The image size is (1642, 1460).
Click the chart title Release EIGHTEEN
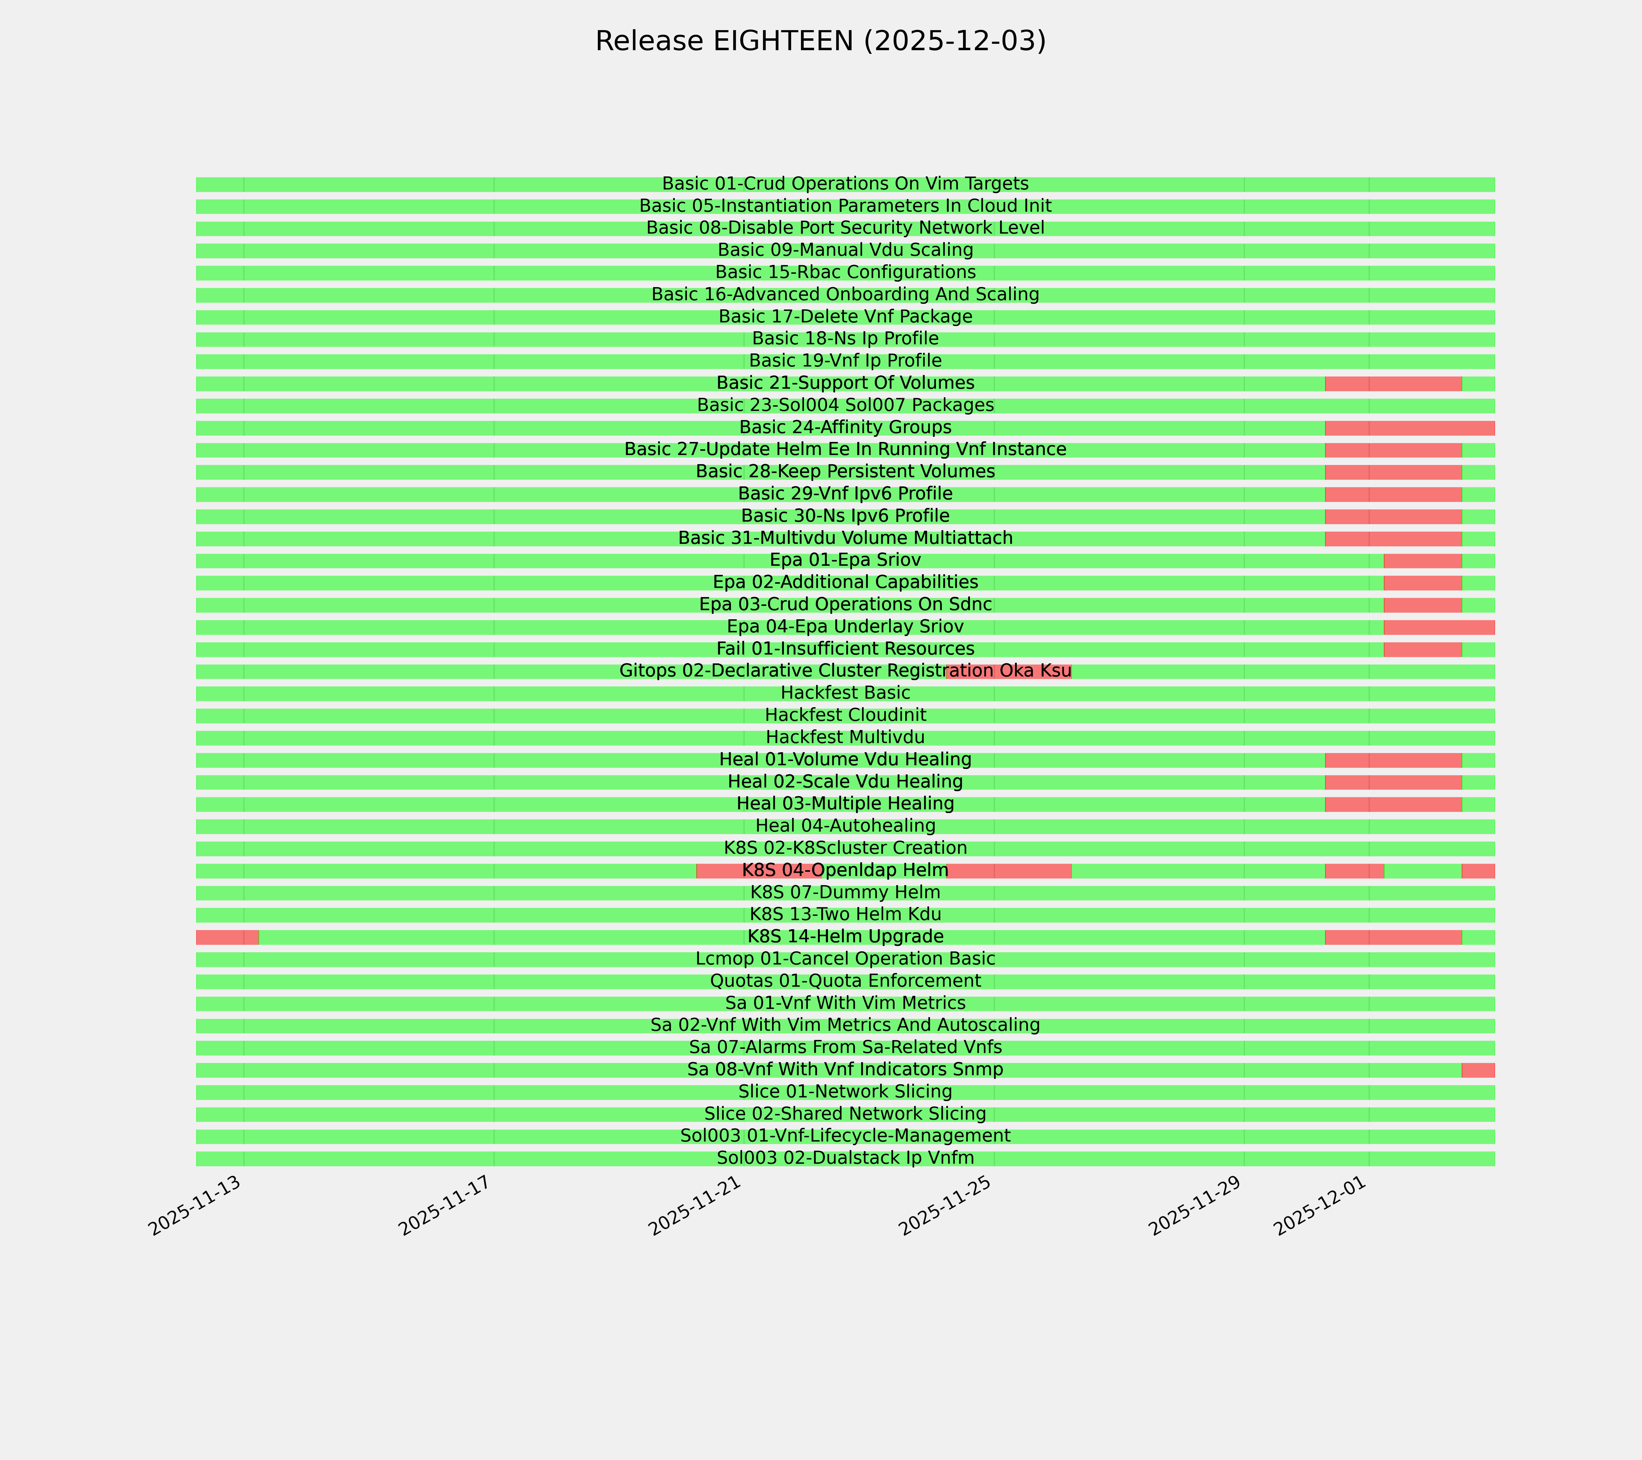click(x=820, y=41)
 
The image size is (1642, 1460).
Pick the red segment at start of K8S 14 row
click(x=227, y=937)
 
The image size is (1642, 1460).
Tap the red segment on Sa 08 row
click(x=1478, y=1070)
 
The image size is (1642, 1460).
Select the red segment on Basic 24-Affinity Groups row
click(x=1410, y=427)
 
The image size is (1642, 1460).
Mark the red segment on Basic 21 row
click(x=1393, y=383)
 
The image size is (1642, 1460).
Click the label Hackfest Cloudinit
click(x=845, y=715)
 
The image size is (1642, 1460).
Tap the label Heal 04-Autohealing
click(x=845, y=826)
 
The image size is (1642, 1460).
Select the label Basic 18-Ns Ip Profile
click(x=845, y=339)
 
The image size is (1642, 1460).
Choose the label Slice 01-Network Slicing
click(x=845, y=1092)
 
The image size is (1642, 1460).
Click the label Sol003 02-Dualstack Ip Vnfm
click(x=845, y=1159)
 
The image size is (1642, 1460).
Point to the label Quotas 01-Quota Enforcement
click(x=845, y=981)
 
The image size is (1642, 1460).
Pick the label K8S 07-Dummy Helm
click(x=845, y=893)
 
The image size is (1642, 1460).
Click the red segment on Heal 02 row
click(x=1393, y=782)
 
